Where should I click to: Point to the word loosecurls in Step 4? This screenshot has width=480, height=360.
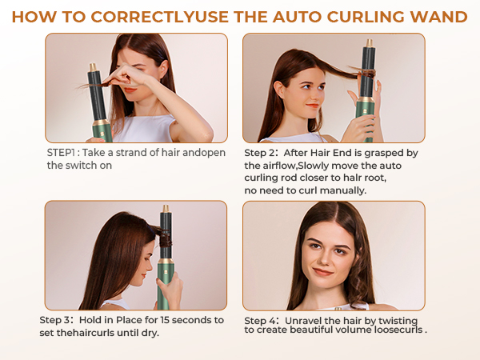(396, 330)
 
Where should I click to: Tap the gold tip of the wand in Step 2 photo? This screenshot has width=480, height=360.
(369, 42)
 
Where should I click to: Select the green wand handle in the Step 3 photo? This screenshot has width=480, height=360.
(166, 280)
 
